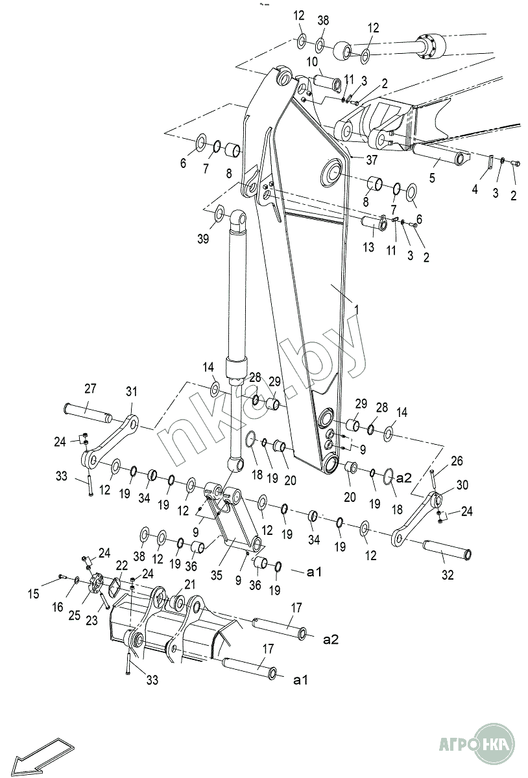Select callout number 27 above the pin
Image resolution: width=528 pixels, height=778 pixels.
coord(90,389)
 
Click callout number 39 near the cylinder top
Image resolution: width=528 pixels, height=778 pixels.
coord(203,239)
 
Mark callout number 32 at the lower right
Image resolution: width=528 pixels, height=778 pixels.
coord(448,574)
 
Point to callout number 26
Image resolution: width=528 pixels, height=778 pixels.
coord(457,462)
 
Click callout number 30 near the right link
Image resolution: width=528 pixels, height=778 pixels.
coord(462,485)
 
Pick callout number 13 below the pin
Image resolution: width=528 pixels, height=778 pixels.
coord(369,247)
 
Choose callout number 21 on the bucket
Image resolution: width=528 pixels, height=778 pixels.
coord(189,584)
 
